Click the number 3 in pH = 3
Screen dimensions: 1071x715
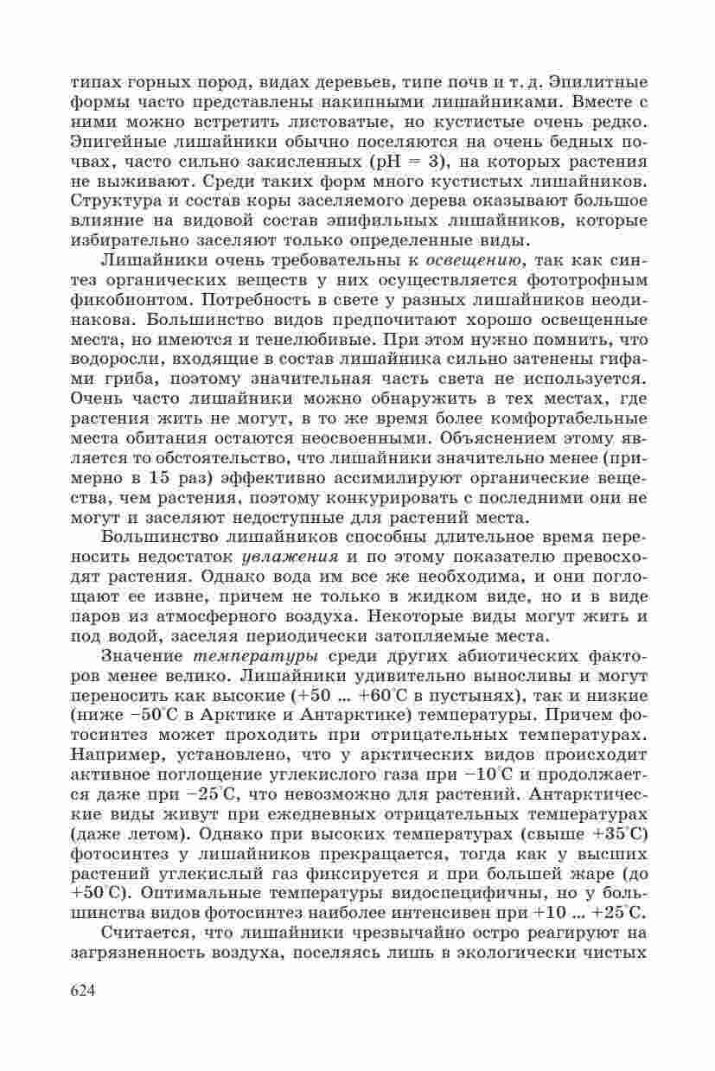tap(440, 161)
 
